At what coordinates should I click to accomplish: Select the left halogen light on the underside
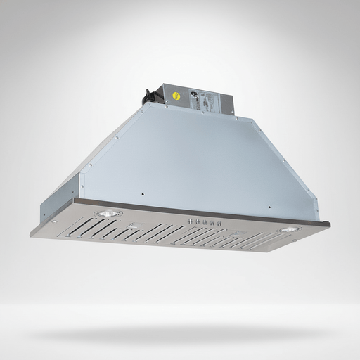(x=106, y=213)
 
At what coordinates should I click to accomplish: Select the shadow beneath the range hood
(x=180, y=330)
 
